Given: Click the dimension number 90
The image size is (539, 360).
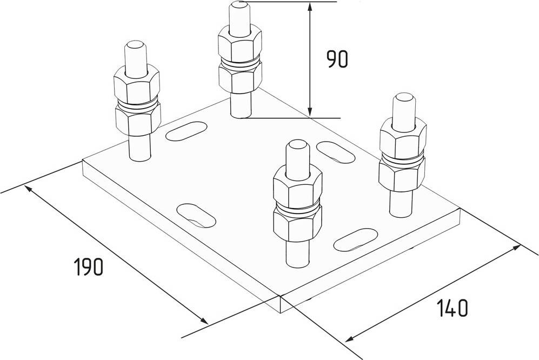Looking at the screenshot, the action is pyautogui.click(x=337, y=59).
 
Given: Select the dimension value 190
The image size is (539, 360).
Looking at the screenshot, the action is pyautogui.click(x=89, y=267).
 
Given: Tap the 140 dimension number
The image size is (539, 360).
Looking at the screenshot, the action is pyautogui.click(x=453, y=308).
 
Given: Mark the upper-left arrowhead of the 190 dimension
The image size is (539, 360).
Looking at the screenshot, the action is pyautogui.click(x=30, y=189).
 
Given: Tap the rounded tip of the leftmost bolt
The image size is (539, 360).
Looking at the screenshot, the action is pyautogui.click(x=136, y=45).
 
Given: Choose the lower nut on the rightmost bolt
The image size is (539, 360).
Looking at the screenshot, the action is pyautogui.click(x=402, y=174).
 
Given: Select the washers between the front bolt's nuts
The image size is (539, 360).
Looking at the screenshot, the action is pyautogui.click(x=298, y=208).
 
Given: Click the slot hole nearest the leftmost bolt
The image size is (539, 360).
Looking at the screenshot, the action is pyautogui.click(x=187, y=131).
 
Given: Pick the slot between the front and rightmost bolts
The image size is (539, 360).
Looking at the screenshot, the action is pyautogui.click(x=336, y=152).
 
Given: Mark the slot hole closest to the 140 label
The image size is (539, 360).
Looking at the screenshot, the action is pyautogui.click(x=355, y=239).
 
